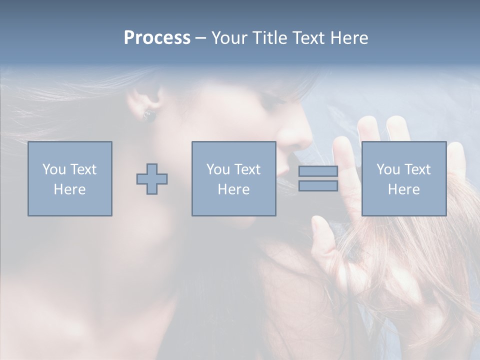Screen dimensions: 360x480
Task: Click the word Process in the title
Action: pos(157,38)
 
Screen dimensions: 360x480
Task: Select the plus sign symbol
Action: pos(152,179)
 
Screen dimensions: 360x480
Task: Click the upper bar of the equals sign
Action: pos(318,171)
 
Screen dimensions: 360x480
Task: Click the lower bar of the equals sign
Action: pos(318,186)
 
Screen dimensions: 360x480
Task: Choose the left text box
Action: pos(70,178)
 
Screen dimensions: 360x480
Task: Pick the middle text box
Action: pos(233,178)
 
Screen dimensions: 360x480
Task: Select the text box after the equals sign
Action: pos(403,178)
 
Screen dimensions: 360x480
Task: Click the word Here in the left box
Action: pos(70,189)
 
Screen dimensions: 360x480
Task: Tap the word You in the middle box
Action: pos(218,169)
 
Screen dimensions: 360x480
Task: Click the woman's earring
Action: pos(149,115)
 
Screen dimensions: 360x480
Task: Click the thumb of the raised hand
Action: pos(320,230)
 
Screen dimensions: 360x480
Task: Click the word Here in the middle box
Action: pos(233,189)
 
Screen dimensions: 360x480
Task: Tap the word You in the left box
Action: pos(54,169)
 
